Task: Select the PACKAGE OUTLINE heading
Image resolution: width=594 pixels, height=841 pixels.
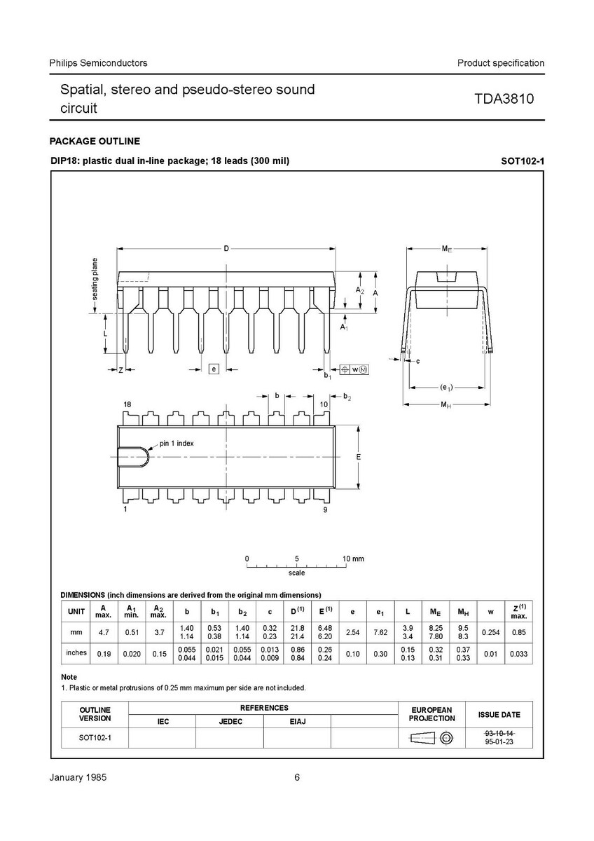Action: coord(95,141)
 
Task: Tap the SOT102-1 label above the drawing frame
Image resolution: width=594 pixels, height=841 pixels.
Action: coord(523,161)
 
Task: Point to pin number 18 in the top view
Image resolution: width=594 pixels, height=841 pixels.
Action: coord(127,404)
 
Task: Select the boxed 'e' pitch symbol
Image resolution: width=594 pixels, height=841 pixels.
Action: coord(214,368)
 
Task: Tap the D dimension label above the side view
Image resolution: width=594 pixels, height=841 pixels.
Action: coord(226,248)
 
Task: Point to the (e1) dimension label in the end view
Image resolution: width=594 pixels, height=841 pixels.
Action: coord(446,387)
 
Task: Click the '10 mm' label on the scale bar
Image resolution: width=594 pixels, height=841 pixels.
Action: coord(353,559)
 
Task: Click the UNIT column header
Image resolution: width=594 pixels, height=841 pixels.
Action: coord(76,611)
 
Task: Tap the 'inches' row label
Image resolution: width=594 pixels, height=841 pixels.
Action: coord(76,652)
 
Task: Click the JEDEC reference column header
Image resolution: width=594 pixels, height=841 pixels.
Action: coord(230,721)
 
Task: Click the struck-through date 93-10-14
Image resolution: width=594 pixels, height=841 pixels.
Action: coord(499,732)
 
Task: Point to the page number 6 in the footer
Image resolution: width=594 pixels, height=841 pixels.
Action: coord(297,778)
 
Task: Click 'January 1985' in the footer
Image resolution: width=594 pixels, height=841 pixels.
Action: coord(78,778)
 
